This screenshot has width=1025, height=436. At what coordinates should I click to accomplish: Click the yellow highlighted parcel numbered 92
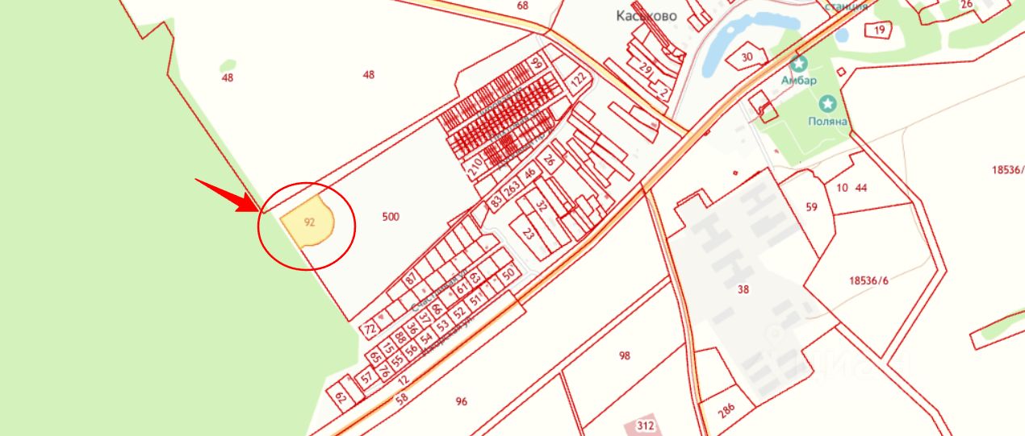coord(308,222)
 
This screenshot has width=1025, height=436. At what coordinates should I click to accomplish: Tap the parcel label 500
coord(391,217)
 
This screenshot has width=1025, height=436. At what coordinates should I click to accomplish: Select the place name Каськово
coord(646,15)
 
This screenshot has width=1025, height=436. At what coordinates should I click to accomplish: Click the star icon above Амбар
coord(799,64)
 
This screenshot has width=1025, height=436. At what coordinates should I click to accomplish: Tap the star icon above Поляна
coord(827,103)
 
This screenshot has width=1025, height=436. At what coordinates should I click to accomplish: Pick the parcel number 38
coord(743,289)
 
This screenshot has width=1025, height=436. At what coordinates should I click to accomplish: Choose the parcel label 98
coord(624,355)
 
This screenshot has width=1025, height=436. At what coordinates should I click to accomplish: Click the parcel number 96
coord(462,401)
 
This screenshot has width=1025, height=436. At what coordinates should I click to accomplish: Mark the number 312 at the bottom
coord(646,426)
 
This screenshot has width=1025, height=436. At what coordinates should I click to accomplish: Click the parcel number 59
coord(811,207)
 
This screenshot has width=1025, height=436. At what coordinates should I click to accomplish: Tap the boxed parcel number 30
coord(747,56)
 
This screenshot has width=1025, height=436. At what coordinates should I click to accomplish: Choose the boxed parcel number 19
coord(879,31)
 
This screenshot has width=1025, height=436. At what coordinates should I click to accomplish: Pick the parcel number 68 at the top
coord(522,6)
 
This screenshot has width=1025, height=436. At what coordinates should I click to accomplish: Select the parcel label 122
coord(578,81)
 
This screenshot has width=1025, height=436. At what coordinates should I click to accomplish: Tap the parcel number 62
coord(341,396)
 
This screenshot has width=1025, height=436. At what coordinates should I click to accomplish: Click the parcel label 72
coord(370,329)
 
